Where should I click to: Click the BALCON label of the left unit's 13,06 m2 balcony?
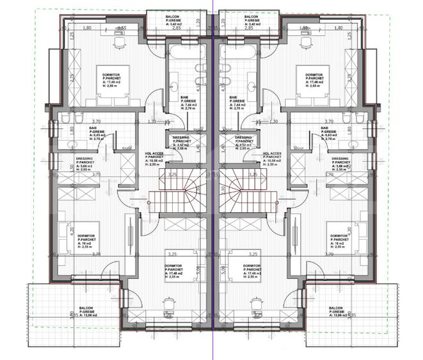coord(81,308)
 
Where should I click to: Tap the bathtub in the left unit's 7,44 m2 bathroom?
coord(186,52)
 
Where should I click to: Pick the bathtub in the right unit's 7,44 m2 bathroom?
coord(237,52)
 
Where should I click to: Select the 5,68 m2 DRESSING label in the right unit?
coord(340,159)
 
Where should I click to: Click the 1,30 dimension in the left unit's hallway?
coord(152,121)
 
